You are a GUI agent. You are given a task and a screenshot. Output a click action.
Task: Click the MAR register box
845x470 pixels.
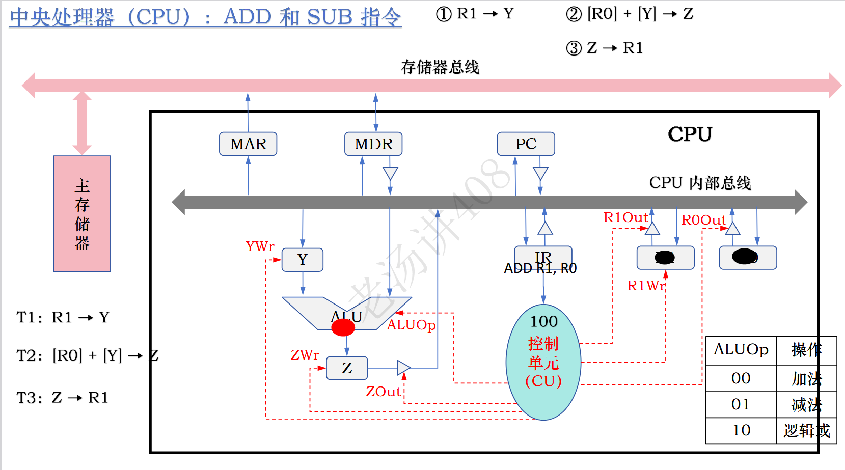(x=248, y=144)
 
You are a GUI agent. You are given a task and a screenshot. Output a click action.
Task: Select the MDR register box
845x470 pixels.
(x=373, y=144)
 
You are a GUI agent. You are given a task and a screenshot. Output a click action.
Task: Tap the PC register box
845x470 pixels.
(x=526, y=144)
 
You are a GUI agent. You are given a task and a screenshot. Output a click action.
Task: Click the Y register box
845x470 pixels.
(x=303, y=260)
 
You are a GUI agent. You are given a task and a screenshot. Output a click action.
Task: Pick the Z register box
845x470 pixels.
(x=347, y=368)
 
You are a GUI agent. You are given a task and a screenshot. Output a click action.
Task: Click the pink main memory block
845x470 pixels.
(x=82, y=214)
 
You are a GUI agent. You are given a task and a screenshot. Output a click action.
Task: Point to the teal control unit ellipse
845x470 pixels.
(x=543, y=362)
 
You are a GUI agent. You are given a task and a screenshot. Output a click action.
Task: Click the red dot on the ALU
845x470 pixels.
(x=343, y=327)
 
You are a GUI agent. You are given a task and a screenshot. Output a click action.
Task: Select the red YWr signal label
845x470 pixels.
(x=260, y=246)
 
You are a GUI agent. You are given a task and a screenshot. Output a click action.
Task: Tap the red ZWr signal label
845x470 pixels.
(x=305, y=355)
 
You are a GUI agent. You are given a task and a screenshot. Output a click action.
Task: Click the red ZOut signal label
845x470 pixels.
(x=384, y=392)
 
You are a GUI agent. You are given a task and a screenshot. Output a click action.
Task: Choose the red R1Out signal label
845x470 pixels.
(x=625, y=217)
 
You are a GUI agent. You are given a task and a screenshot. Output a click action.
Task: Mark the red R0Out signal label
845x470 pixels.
(x=703, y=220)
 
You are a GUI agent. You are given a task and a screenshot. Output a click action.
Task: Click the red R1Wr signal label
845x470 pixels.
(x=645, y=286)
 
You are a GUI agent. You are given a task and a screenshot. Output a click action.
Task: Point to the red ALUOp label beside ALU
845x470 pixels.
(x=411, y=325)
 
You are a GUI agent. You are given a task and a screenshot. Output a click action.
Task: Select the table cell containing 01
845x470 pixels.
(x=741, y=404)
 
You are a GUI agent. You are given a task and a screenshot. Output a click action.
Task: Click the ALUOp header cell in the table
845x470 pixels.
(x=741, y=350)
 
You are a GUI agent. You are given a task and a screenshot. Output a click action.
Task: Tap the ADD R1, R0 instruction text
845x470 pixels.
(x=540, y=268)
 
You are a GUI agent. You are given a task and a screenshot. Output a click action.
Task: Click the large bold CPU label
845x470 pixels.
(x=690, y=134)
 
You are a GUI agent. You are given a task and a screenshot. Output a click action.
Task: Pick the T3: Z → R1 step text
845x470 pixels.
(x=63, y=398)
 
